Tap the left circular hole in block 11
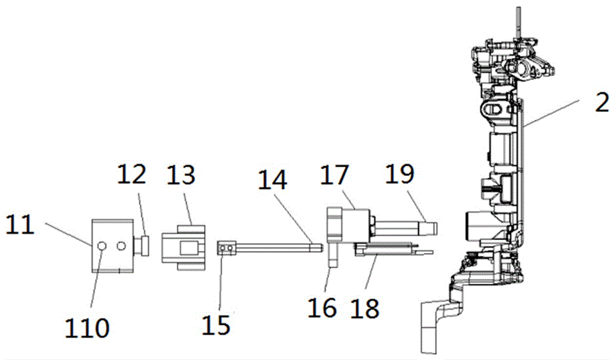click(102, 246)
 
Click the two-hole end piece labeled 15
click(227, 248)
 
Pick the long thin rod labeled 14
click(277, 249)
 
